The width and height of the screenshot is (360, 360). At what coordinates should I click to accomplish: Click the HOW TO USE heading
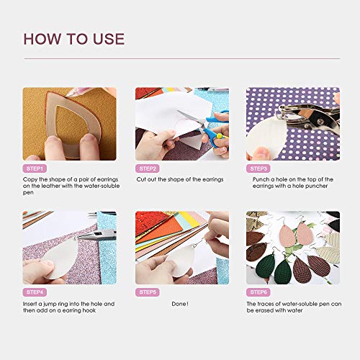[73, 39]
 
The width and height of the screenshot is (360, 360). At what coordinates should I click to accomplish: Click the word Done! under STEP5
[181, 304]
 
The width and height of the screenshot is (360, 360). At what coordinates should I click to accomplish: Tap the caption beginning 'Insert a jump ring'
[68, 307]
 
